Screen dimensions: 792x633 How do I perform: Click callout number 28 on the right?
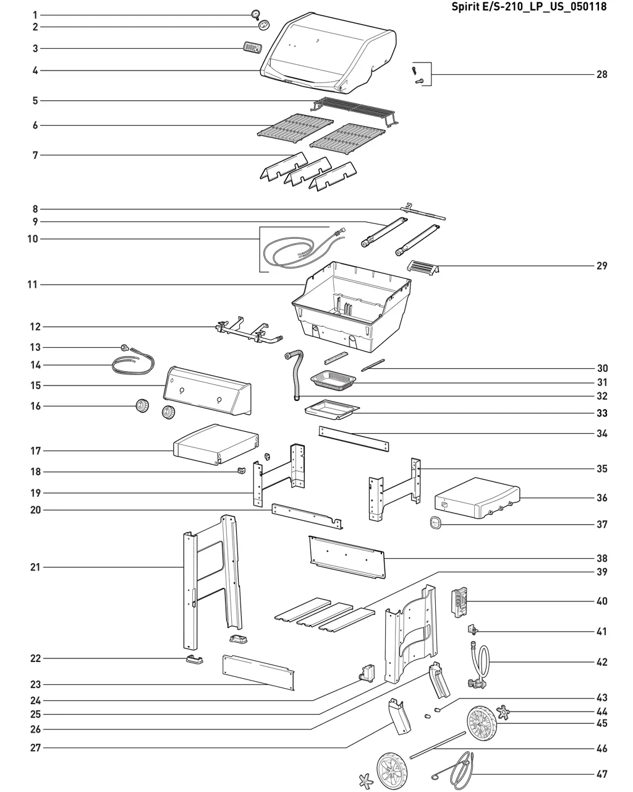[x=601, y=74]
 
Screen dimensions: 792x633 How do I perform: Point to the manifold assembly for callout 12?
[x=247, y=332]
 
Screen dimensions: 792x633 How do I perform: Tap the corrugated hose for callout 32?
[x=295, y=374]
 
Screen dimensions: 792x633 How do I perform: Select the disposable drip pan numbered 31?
[x=334, y=379]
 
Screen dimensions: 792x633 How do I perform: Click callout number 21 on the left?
[x=35, y=567]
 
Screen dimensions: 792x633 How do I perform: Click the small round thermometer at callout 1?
[x=255, y=15]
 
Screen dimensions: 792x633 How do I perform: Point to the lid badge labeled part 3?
[x=250, y=48]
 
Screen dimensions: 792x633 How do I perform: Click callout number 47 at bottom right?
[x=601, y=774]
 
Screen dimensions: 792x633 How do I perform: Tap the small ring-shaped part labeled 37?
[x=435, y=523]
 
